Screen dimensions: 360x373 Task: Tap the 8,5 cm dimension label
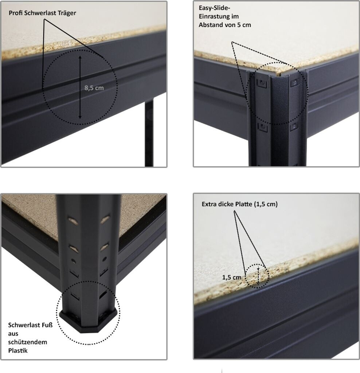[94, 88]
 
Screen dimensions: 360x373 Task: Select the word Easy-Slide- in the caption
[215, 8]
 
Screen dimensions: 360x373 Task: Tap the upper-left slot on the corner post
[262, 83]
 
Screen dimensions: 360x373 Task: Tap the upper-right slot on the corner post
[294, 82]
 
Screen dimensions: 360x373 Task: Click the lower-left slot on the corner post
[262, 128]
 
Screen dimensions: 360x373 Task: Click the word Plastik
[18, 351]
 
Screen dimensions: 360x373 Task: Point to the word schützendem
[28, 342]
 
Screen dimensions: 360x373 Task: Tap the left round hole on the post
[73, 262]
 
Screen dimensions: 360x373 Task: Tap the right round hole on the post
[104, 259]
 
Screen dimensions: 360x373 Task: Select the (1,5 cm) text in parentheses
[266, 204]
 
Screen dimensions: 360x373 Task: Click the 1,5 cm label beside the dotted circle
[231, 277]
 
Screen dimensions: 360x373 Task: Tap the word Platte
[244, 204]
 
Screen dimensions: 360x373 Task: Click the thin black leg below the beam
[149, 133]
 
